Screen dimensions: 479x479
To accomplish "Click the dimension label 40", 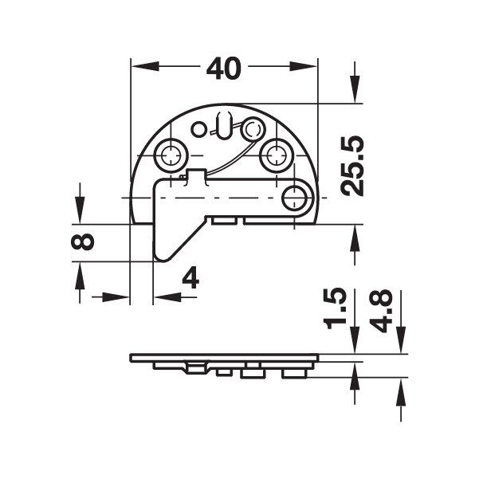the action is point(224,69).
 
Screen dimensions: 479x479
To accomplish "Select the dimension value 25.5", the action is point(352,166).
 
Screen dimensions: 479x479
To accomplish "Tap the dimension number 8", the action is point(82,241).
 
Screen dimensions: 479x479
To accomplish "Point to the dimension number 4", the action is point(190,278).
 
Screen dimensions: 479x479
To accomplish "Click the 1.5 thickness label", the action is point(336,308).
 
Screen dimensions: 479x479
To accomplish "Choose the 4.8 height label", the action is point(381,311).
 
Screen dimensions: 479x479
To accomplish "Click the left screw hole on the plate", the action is point(171,155).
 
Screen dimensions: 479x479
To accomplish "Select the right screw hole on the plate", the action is point(276,155).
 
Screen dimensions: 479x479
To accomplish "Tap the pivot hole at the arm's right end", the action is point(294,198).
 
